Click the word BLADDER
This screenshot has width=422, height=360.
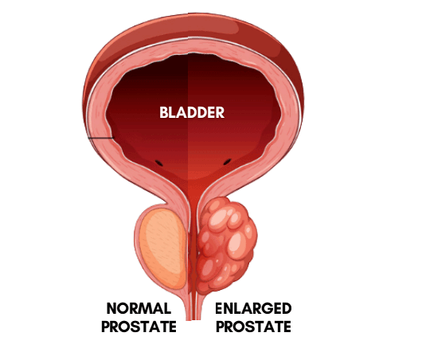point(192,112)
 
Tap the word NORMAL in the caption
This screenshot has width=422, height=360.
point(139,308)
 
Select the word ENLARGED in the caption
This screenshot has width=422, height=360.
point(253,308)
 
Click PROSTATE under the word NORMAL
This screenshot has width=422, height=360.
point(139,327)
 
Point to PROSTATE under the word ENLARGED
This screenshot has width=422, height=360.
point(253,327)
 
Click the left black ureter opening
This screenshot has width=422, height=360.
point(158,162)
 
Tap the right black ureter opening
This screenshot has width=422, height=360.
point(228,162)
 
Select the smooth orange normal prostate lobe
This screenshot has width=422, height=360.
point(162,249)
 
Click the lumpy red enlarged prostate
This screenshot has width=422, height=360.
point(227,245)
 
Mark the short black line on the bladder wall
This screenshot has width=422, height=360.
point(101,138)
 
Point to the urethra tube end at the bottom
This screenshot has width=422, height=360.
point(193,318)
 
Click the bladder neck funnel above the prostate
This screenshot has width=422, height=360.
point(193,189)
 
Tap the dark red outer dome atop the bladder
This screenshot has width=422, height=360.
point(193,27)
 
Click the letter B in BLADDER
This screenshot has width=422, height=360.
point(164,112)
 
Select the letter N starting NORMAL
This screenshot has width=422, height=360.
point(112,308)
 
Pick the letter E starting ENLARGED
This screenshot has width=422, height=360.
point(219,308)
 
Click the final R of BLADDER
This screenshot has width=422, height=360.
point(220,112)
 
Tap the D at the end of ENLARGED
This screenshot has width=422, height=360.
point(287,308)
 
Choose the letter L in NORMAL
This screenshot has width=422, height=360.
point(168,308)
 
